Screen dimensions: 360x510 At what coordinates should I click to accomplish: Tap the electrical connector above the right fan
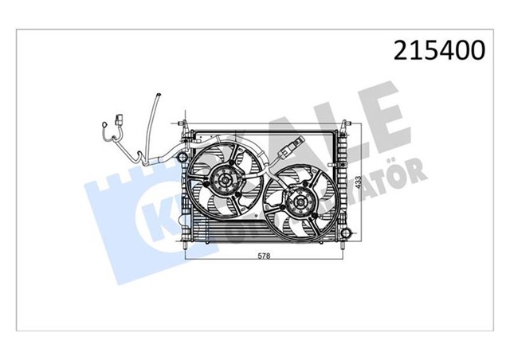292,149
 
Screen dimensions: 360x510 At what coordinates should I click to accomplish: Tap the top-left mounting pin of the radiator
185,123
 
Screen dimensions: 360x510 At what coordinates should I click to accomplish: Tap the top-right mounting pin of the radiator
345,124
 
